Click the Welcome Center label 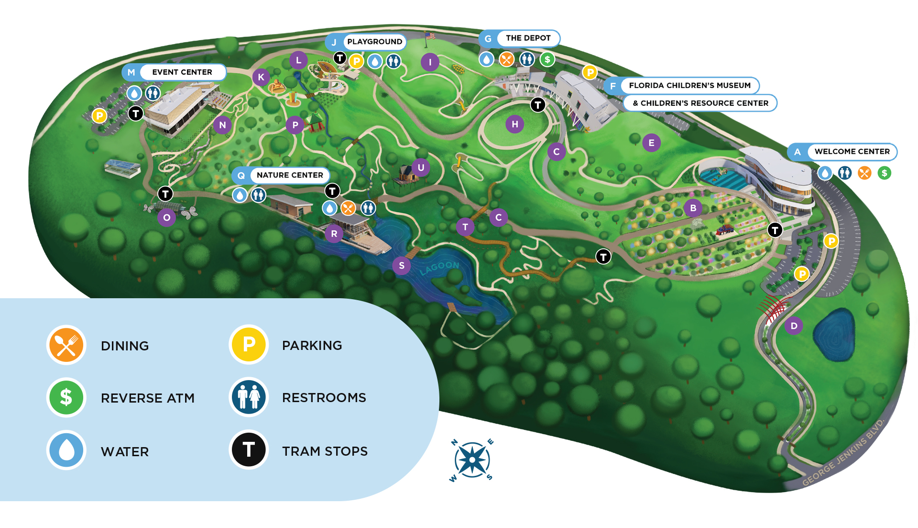852,152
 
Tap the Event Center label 182,72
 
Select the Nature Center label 290,175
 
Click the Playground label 374,42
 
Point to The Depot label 528,38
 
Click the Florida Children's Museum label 689,86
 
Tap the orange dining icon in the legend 66,345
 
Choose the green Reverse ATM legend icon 66,397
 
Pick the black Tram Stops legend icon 249,449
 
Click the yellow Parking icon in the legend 249,345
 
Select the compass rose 472,460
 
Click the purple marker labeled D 794,326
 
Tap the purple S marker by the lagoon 402,266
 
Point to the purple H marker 515,124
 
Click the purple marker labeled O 166,218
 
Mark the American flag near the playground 430,36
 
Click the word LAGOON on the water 439,268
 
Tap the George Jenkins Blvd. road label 843,452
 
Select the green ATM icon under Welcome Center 884,173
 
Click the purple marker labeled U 421,168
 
